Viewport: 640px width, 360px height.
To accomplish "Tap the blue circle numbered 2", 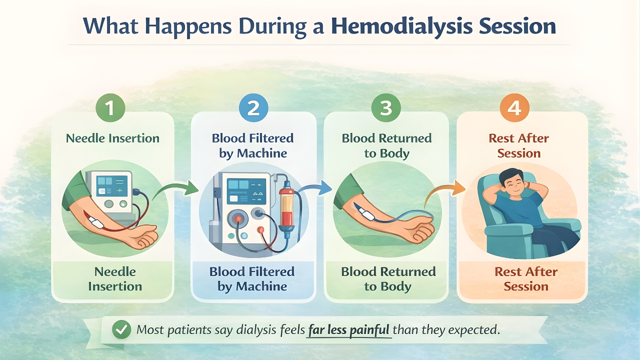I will point(253,108).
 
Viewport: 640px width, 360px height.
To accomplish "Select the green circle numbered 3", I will point(386,108).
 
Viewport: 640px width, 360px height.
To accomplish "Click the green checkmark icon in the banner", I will point(121,330).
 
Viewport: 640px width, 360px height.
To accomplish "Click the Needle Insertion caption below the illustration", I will point(115,279).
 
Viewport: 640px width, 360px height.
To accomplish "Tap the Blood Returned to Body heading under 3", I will point(386,145).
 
